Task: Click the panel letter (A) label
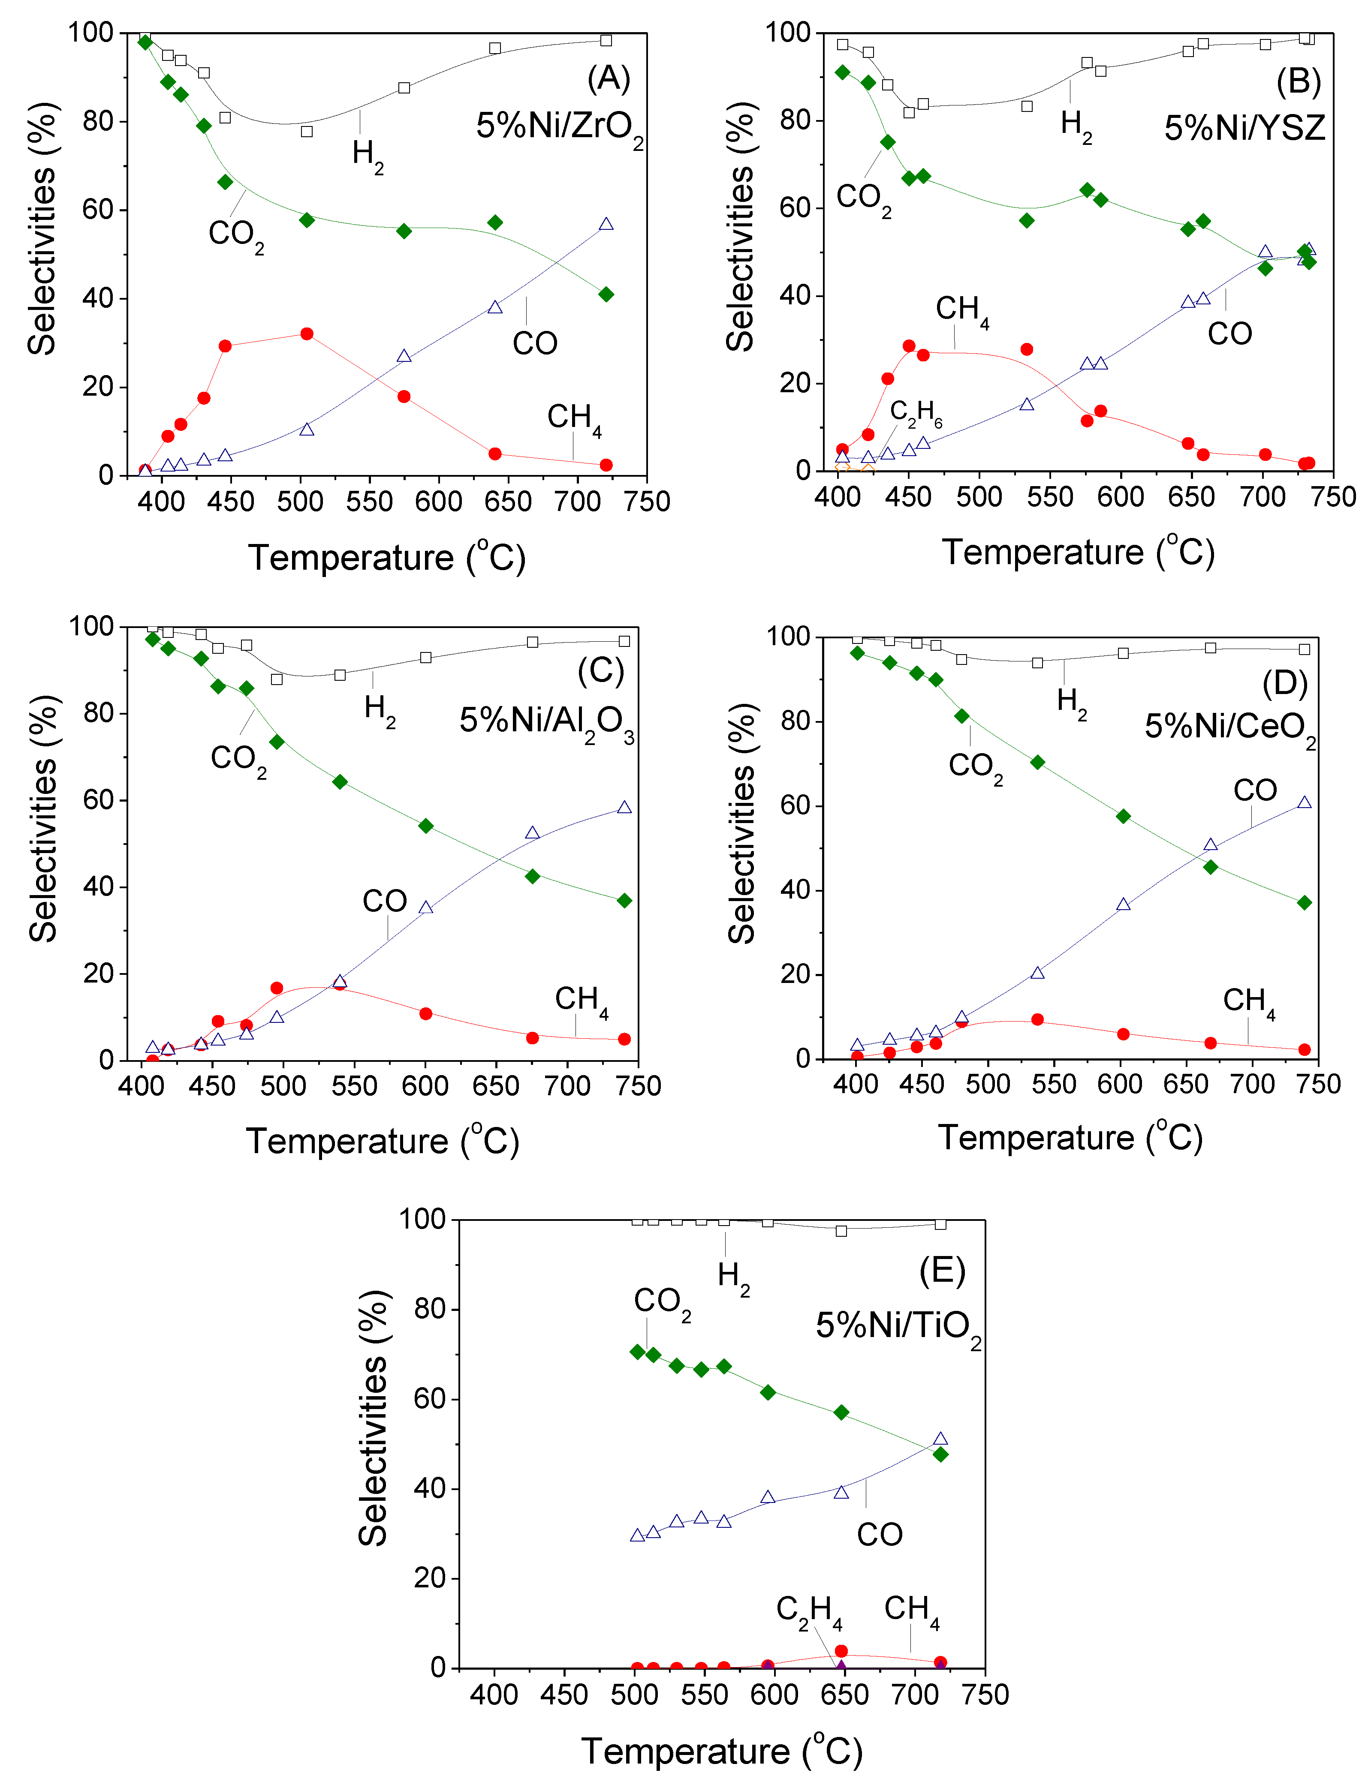[x=609, y=79]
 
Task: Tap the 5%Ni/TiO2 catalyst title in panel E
[x=898, y=1326]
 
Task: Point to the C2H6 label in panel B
[x=916, y=413]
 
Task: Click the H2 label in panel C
[x=380, y=708]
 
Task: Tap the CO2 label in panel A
[x=235, y=234]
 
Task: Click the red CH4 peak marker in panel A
[x=306, y=334]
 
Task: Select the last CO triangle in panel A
[x=606, y=224]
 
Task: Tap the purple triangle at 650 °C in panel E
[x=841, y=1666]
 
